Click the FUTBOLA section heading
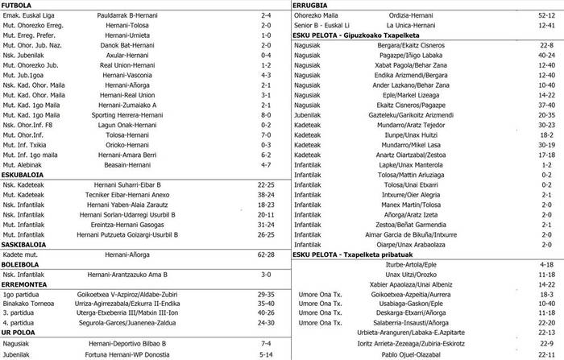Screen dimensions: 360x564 point(18,4)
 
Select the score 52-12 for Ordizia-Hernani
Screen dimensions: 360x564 point(545,14)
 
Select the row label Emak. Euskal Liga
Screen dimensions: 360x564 point(28,14)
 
